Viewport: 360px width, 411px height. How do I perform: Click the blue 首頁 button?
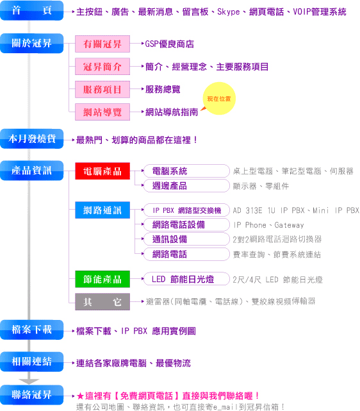click(31, 10)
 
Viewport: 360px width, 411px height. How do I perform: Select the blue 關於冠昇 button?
click(31, 43)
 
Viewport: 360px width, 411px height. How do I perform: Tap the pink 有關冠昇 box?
click(102, 44)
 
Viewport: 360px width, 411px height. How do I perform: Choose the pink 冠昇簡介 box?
click(102, 67)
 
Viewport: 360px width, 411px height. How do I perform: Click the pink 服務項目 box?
click(102, 89)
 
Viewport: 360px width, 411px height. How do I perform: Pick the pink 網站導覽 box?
click(102, 112)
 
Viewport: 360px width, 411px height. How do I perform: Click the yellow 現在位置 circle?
click(219, 99)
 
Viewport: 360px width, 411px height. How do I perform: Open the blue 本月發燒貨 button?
click(31, 138)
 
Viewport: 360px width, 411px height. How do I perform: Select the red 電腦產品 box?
click(102, 171)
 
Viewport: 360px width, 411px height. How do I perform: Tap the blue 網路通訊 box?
click(102, 210)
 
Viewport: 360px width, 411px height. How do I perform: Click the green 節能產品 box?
click(102, 279)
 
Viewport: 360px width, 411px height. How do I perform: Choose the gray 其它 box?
click(102, 302)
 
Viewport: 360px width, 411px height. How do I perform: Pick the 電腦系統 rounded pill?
click(186, 171)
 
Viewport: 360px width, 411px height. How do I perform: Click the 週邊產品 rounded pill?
click(186, 185)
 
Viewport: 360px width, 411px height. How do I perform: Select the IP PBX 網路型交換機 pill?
click(186, 210)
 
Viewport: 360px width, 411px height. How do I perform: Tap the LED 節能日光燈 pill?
click(186, 279)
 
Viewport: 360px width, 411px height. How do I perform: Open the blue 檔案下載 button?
click(31, 330)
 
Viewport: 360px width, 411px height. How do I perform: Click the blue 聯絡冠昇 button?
click(31, 395)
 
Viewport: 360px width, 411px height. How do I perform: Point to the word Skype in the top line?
click(229, 12)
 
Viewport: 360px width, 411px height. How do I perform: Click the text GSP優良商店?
click(170, 44)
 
